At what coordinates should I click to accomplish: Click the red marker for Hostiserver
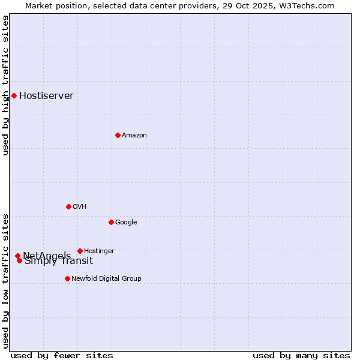(14, 95)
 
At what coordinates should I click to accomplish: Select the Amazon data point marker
(118, 135)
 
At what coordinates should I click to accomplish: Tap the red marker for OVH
(68, 206)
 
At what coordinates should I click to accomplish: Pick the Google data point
(111, 222)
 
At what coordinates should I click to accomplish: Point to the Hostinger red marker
(80, 251)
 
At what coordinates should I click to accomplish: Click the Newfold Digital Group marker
(67, 278)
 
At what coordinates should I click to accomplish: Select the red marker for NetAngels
(17, 256)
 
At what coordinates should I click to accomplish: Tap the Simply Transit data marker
(19, 260)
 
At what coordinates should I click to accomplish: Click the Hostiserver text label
(46, 96)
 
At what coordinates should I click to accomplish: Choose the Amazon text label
(134, 136)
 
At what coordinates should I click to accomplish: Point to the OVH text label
(79, 207)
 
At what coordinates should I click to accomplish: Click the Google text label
(126, 223)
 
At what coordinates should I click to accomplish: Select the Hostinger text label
(99, 251)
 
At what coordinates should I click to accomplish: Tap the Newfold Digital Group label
(106, 279)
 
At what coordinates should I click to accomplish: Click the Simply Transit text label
(59, 261)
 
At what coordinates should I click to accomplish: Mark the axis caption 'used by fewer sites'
(62, 355)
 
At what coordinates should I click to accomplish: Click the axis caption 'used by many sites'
(301, 355)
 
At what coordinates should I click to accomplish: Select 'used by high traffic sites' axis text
(5, 85)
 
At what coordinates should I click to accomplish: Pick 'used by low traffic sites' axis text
(5, 280)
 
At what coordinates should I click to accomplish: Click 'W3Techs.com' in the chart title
(307, 5)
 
